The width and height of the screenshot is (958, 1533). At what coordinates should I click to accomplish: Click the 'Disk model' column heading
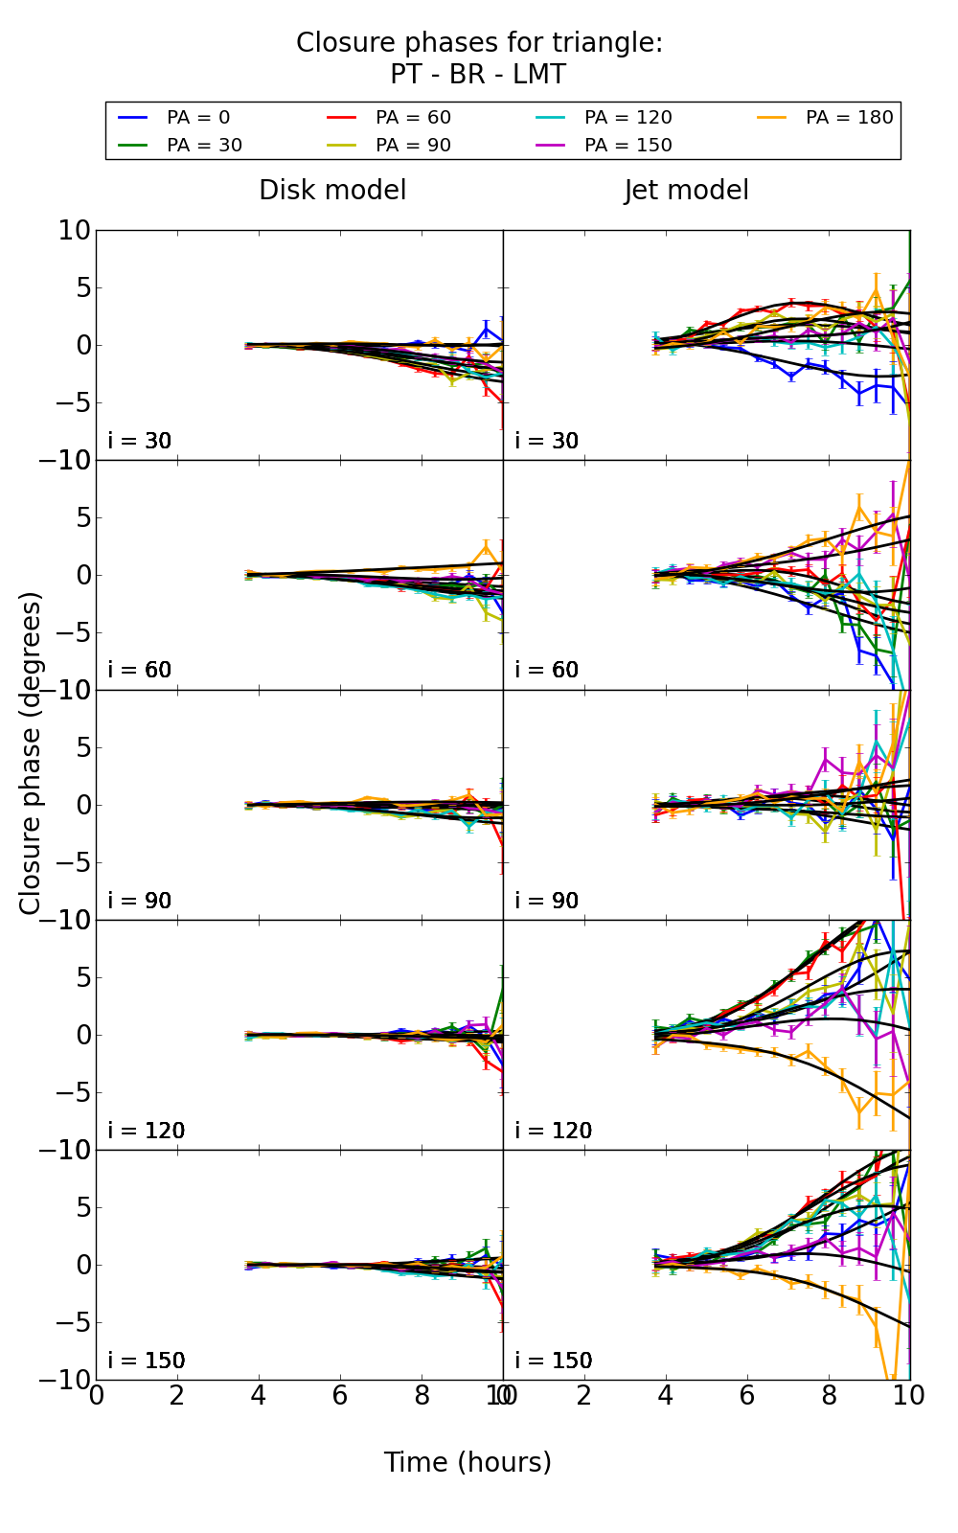click(x=332, y=191)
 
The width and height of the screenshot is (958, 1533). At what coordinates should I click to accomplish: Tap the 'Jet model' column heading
click(x=686, y=191)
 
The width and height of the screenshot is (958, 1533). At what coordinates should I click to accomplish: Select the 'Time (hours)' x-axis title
click(x=468, y=1463)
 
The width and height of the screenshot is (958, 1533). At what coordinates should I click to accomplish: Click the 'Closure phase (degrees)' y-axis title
click(x=31, y=753)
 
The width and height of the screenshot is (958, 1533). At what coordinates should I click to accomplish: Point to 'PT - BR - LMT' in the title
click(x=478, y=75)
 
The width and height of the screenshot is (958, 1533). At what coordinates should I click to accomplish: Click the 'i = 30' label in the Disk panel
click(x=140, y=442)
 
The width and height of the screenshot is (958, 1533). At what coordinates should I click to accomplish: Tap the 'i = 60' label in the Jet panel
click(x=547, y=671)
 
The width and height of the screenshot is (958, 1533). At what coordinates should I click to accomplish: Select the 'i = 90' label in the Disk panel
click(x=140, y=901)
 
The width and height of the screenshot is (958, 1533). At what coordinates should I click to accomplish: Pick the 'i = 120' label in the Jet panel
click(x=554, y=1131)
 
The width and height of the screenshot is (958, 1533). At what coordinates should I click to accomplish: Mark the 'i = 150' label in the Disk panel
click(x=147, y=1361)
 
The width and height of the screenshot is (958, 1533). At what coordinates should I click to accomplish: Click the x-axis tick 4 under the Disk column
click(x=259, y=1395)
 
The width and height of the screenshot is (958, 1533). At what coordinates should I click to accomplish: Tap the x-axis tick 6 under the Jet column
click(x=747, y=1395)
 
